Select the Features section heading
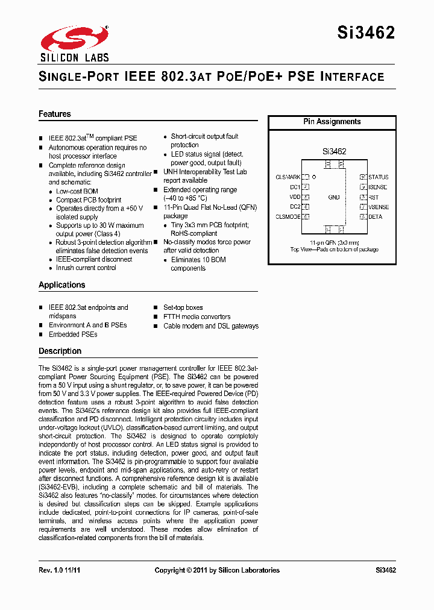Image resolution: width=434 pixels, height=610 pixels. pyautogui.click(x=55, y=114)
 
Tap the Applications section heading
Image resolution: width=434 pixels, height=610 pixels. pyautogui.click(x=62, y=285)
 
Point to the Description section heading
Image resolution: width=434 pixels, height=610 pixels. pyautogui.click(x=60, y=351)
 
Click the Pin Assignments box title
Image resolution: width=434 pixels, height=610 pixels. pyautogui.click(x=332, y=122)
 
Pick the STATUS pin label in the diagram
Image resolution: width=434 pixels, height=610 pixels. pyautogui.click(x=379, y=177)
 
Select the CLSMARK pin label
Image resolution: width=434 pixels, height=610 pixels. pyautogui.click(x=288, y=177)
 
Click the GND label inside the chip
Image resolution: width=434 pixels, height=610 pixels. pyautogui.click(x=334, y=197)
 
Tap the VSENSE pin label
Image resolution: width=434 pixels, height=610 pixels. pyautogui.click(x=379, y=207)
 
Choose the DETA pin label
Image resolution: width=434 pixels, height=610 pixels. pyautogui.click(x=375, y=216)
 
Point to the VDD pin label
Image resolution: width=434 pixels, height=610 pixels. pyautogui.click(x=295, y=197)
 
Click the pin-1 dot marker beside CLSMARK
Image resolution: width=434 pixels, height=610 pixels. pyautogui.click(x=314, y=177)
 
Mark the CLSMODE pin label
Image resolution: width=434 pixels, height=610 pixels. pyautogui.click(x=288, y=216)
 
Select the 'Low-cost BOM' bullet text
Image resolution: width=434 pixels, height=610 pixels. pyautogui.click(x=77, y=191)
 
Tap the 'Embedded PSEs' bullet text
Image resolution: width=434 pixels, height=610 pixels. pyautogui.click(x=73, y=334)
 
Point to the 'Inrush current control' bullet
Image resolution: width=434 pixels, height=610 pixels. pyautogui.click(x=86, y=268)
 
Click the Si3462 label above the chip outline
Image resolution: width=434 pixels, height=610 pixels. pyautogui.click(x=333, y=152)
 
